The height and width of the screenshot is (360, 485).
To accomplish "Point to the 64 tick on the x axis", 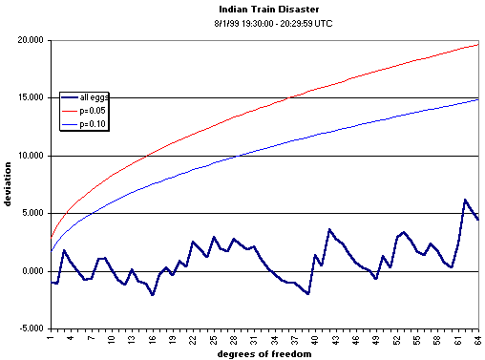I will [x=477, y=337].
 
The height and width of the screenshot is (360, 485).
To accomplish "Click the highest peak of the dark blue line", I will [x=465, y=200].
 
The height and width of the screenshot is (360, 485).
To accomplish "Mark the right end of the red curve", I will [x=478, y=44].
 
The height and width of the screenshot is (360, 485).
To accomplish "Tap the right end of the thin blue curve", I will [x=478, y=99].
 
